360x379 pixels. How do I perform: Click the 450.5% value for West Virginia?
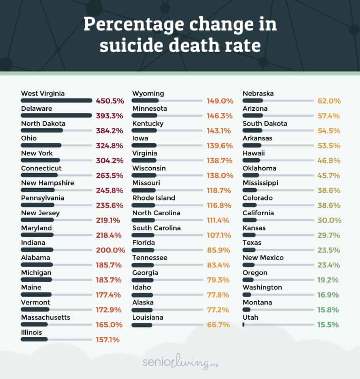pos(110,101)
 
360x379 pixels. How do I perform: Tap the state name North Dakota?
pos(43,123)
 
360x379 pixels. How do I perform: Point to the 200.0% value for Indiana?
pos(110,250)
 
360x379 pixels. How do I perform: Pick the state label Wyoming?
pos(148,94)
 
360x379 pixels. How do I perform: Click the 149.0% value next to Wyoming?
pos(220,101)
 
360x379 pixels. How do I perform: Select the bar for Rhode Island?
pos(143,205)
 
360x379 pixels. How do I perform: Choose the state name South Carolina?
pos(156,228)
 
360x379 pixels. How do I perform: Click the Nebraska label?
pos(258,94)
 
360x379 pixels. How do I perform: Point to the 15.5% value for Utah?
pos(328,325)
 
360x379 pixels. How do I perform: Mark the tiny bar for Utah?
pos(243,324)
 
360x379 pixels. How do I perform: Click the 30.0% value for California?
pos(329,220)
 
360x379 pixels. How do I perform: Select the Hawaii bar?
pos(251,160)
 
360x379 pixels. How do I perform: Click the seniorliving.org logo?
pos(180,362)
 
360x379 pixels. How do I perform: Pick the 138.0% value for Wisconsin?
pos(220,176)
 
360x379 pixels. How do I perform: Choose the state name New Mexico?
pos(263,258)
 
